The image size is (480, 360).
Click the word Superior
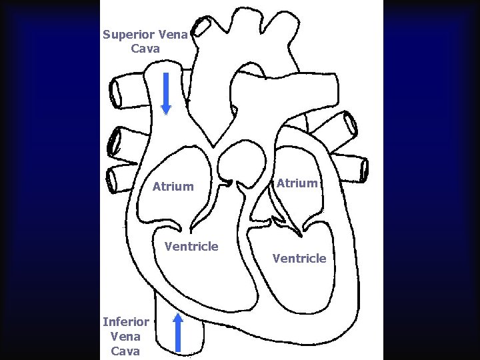tap(129, 35)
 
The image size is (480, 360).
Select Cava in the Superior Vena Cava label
tap(145, 49)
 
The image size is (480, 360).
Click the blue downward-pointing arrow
tap(167, 93)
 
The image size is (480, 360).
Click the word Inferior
tap(125, 322)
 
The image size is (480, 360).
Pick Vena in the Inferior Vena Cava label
tap(125, 337)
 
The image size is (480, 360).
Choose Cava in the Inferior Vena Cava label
tap(125, 351)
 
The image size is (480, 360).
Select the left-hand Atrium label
tap(173, 187)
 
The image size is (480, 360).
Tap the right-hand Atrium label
tap(297, 183)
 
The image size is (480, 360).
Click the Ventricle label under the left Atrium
tap(191, 247)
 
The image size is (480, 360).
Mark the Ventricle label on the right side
tap(299, 258)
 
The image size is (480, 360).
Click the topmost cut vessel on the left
tap(123, 89)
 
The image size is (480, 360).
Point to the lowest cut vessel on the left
tap(120, 178)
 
